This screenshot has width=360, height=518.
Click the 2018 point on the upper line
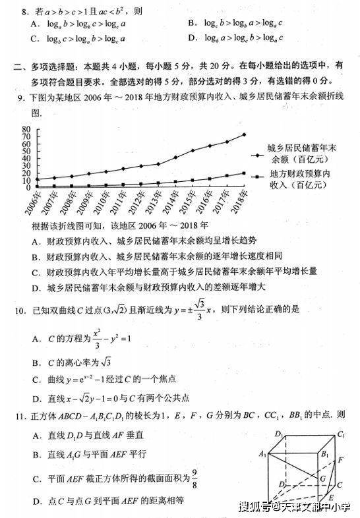point(244,134)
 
